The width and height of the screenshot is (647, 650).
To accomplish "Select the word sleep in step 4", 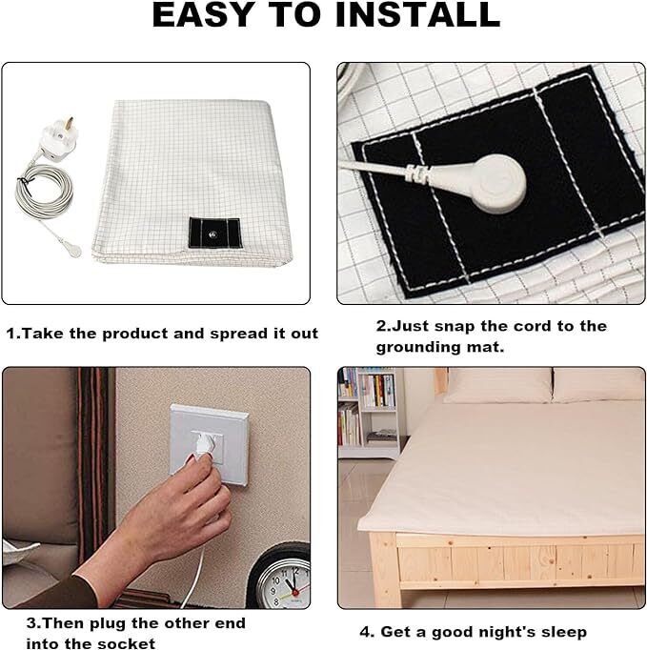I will click(x=561, y=632).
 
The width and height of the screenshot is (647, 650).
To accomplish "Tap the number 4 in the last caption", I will click(x=365, y=632).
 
